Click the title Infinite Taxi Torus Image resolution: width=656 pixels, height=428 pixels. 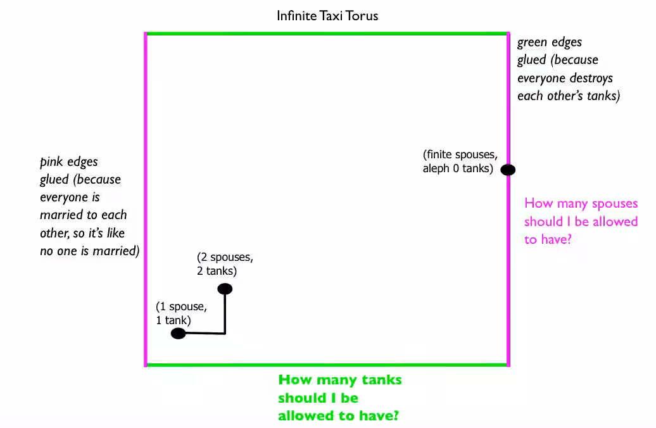point(327,16)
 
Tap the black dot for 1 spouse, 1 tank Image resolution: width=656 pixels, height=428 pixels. point(178,334)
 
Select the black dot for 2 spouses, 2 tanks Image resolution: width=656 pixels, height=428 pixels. point(225,289)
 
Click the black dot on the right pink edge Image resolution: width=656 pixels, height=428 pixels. point(508,170)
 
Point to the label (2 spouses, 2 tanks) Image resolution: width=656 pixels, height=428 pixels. point(225,264)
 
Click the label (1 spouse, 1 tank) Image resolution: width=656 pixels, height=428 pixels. point(181,313)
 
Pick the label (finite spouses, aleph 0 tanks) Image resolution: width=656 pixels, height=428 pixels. point(460,161)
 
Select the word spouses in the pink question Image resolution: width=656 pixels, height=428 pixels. point(615,204)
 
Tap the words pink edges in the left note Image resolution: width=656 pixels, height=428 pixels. point(69,162)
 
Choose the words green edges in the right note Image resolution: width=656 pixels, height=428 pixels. point(550,42)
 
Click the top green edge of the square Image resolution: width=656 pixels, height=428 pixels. point(327,34)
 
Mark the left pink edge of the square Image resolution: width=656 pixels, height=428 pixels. point(146,199)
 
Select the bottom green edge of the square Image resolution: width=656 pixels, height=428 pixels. point(327,365)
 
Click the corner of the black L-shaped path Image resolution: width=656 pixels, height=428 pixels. point(225,334)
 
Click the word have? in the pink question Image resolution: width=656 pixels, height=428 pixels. point(556,240)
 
